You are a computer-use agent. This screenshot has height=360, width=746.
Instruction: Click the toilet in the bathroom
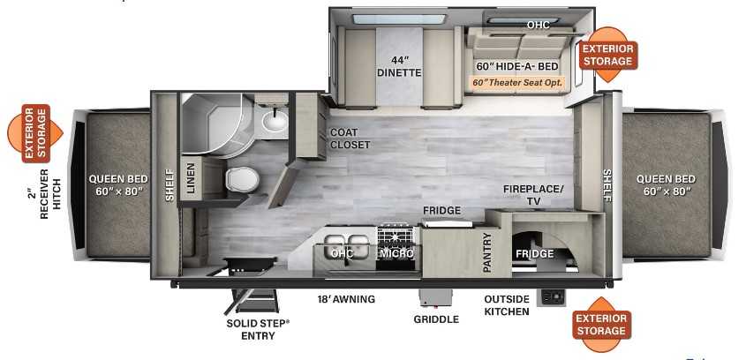coord(239,180)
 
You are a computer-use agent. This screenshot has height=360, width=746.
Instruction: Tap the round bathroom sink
coord(275,120)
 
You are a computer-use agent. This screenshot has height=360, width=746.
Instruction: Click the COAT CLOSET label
coord(350,139)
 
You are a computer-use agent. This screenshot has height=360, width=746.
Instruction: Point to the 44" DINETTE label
coord(402,66)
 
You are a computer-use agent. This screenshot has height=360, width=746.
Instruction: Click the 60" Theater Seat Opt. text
coord(516,83)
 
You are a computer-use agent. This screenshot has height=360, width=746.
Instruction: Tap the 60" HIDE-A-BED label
coord(517,66)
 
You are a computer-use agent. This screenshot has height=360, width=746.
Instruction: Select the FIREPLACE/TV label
coord(533,195)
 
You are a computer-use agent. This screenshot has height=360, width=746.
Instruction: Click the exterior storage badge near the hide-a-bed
coord(607,55)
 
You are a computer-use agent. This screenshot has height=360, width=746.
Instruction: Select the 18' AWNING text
coord(346,299)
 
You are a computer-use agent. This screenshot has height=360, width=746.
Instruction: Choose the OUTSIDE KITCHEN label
coord(507,304)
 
